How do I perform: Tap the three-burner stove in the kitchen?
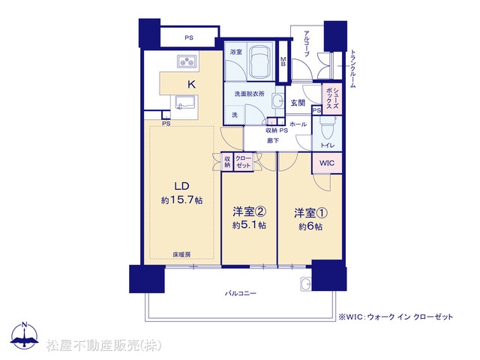tap(187, 61)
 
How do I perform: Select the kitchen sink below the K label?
tap(185, 103)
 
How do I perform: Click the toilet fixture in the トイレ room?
tap(327, 128)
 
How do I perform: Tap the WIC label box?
tap(327, 163)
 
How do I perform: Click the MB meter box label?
tap(283, 61)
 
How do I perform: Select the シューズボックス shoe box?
tap(332, 98)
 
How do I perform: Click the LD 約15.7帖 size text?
tap(181, 200)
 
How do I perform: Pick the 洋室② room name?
tap(249, 211)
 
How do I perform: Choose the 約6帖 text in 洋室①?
tap(310, 226)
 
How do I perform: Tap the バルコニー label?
tap(241, 293)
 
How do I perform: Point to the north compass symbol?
tap(25, 336)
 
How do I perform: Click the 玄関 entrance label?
tap(298, 103)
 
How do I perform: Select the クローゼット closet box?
tap(243, 162)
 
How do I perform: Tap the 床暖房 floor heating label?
tap(181, 254)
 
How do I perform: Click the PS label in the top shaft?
tap(189, 37)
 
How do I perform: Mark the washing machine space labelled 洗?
tap(235, 115)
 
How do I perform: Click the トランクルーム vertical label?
tap(352, 68)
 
